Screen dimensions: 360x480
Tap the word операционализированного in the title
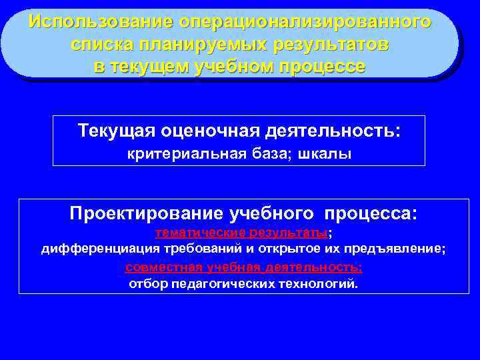(305, 21)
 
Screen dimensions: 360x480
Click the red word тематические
(201, 233)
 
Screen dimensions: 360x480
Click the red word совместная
(165, 267)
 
